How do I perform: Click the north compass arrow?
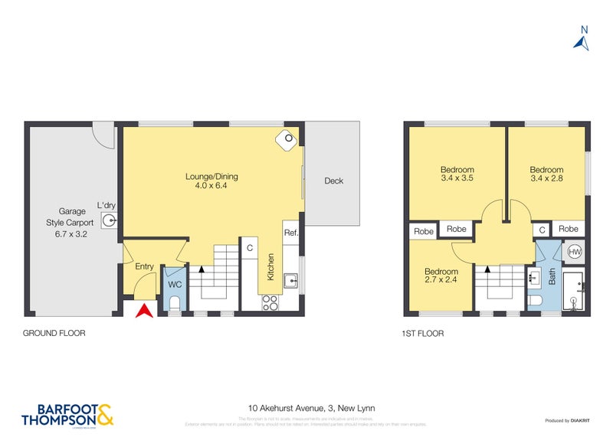click(x=582, y=41)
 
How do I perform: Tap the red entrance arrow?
click(x=143, y=310)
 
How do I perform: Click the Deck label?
click(x=333, y=181)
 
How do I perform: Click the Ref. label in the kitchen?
click(x=291, y=233)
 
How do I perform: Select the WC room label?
click(x=174, y=284)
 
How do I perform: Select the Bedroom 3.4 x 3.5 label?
click(x=457, y=175)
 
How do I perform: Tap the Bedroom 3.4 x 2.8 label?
click(x=546, y=175)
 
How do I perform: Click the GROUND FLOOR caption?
click(x=54, y=334)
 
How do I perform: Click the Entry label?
click(x=144, y=266)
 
